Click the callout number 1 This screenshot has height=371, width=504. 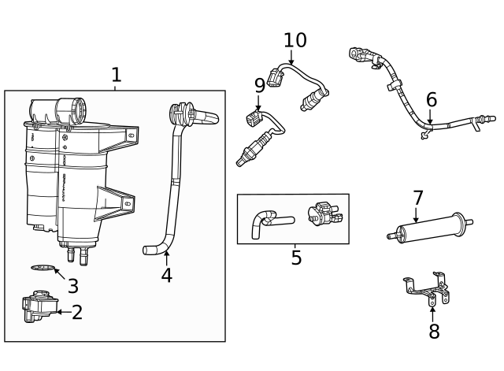point(116,75)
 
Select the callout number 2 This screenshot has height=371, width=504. point(77,313)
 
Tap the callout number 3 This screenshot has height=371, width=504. point(72,286)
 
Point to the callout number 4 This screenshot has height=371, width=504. point(166,276)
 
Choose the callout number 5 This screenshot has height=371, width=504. point(296,258)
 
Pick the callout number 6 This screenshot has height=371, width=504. point(431,100)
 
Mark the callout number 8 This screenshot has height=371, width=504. point(434,332)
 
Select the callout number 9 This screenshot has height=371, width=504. point(259,85)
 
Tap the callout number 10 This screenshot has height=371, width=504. point(295,40)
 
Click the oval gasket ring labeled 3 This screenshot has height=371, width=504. point(45,269)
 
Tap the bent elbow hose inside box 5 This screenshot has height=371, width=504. point(264,221)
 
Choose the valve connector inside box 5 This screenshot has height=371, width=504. point(322,213)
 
